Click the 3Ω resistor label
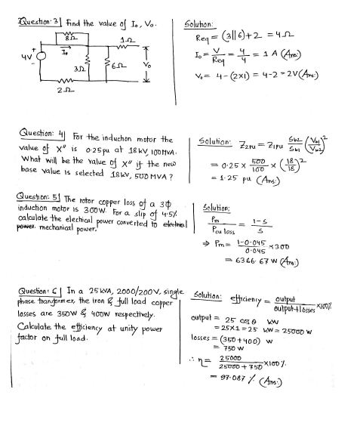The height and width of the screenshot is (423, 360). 78,66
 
